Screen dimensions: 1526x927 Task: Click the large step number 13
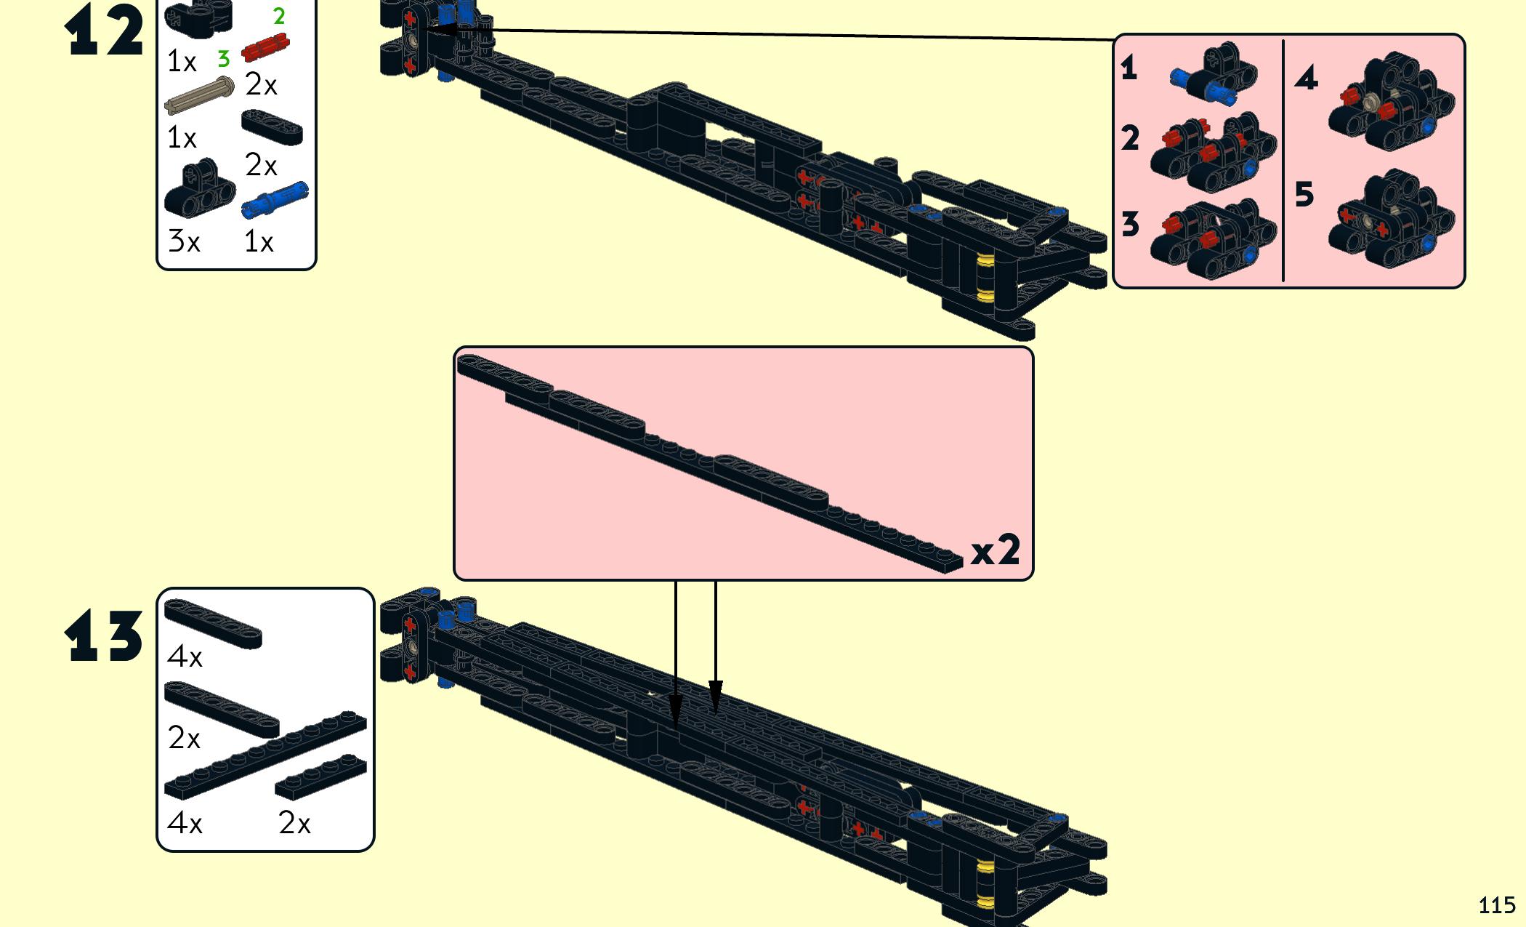(104, 636)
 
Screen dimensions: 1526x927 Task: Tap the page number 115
(1496, 905)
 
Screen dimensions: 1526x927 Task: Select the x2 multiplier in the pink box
(996, 550)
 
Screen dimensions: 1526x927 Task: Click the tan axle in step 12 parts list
(199, 95)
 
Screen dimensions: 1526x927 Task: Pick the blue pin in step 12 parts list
(275, 199)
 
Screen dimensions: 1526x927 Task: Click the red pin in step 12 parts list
(265, 47)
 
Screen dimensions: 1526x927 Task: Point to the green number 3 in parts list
(224, 58)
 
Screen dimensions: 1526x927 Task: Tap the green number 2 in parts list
(279, 16)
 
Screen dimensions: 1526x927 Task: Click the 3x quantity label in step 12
(184, 241)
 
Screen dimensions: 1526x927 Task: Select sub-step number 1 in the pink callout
(1129, 68)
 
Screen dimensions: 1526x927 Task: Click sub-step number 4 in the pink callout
(1306, 78)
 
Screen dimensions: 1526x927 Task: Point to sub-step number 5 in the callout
(1304, 195)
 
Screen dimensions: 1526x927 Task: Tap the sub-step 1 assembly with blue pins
(1214, 74)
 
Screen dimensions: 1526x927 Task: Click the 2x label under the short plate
(294, 823)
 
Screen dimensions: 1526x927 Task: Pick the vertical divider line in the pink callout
(1284, 160)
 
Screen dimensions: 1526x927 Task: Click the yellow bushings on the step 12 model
(985, 278)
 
